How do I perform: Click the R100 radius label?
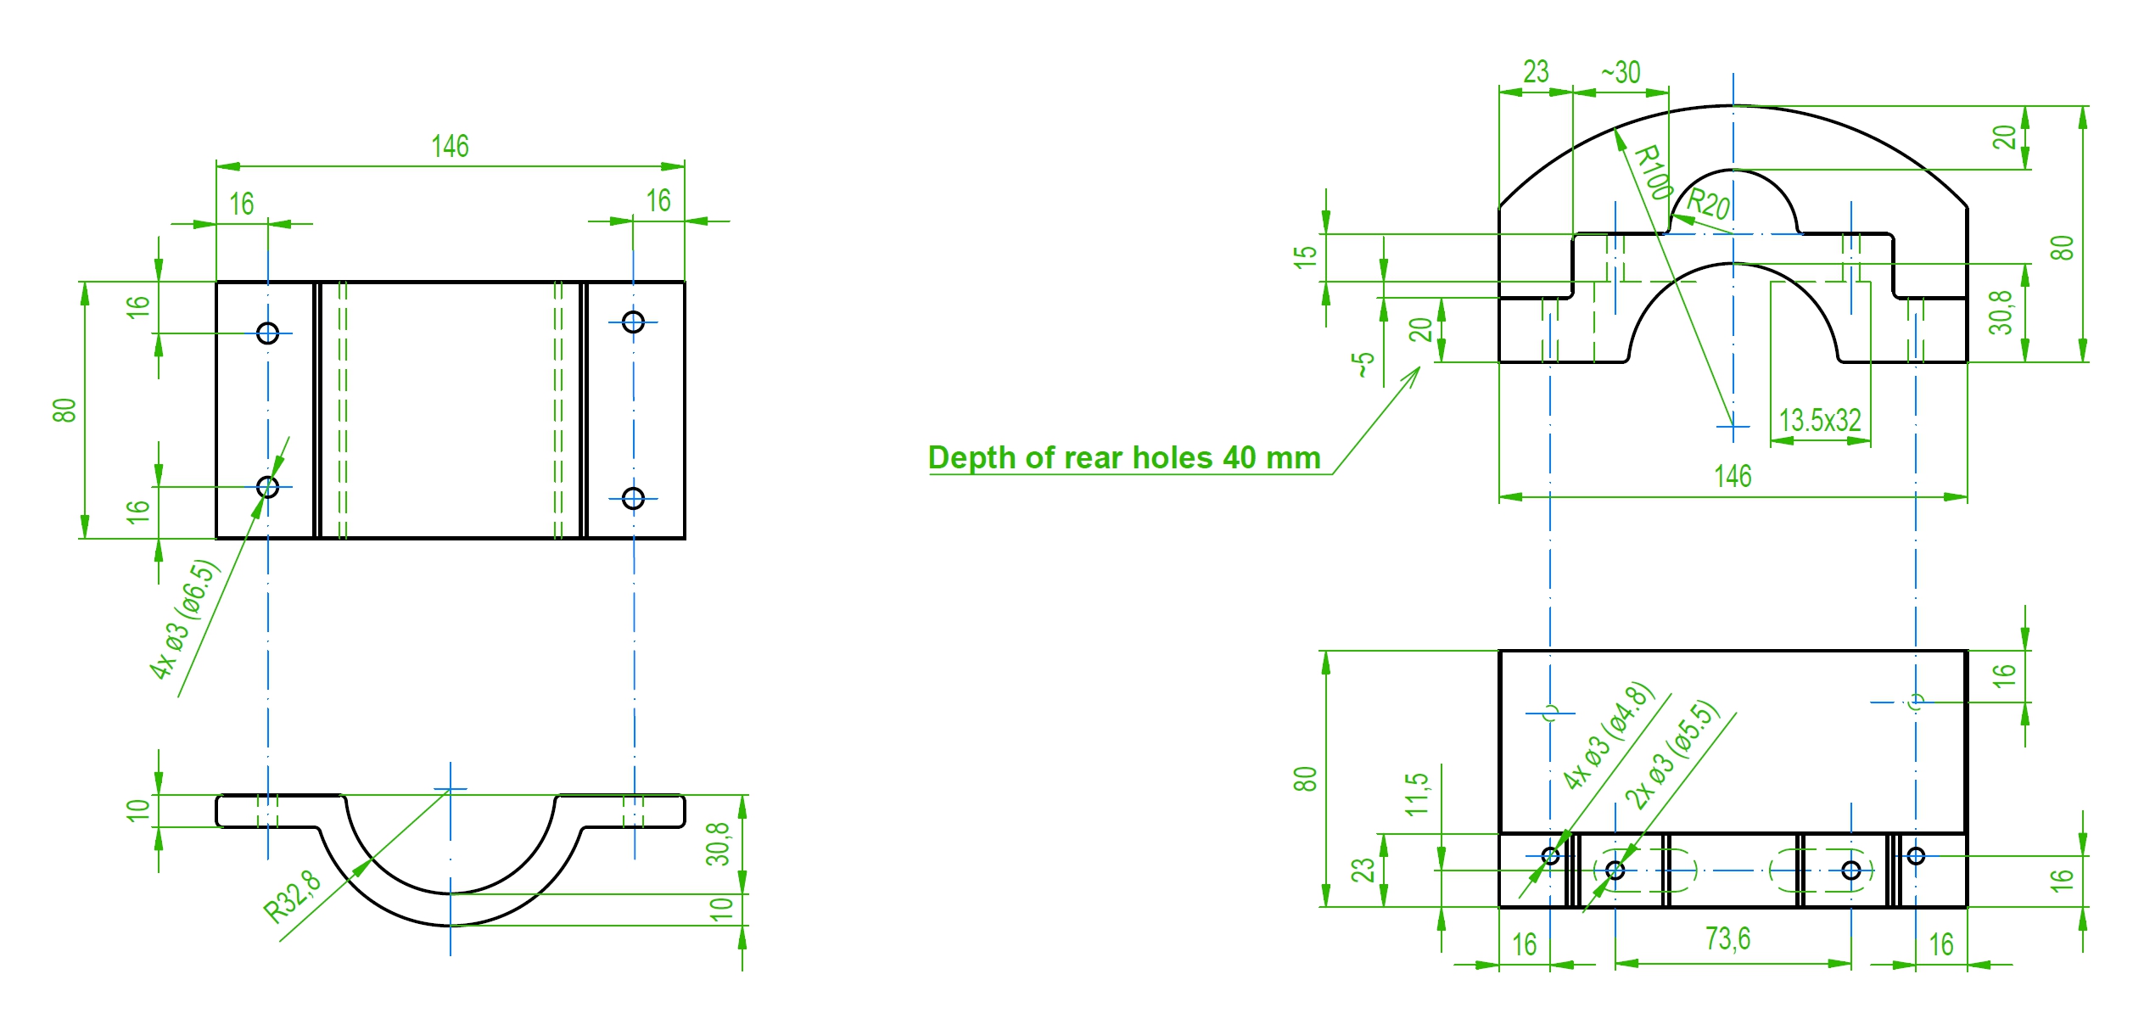tap(1653, 172)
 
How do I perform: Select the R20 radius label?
tap(1708, 204)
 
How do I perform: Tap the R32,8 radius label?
tap(293, 896)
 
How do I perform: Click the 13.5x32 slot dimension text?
tap(1820, 421)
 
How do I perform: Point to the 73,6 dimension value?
tap(1728, 939)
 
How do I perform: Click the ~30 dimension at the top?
tap(1621, 72)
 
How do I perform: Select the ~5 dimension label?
tap(1362, 365)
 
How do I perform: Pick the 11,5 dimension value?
tap(1417, 794)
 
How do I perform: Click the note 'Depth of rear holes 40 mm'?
tap(1124, 458)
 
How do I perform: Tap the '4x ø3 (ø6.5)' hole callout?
tap(185, 619)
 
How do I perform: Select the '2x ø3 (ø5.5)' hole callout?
tap(1671, 754)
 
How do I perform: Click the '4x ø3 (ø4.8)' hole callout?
tap(1609, 736)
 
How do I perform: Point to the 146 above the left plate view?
tap(450, 147)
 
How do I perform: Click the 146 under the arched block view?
tap(1733, 477)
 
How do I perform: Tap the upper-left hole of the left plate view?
tap(267, 333)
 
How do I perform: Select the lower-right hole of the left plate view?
tap(633, 498)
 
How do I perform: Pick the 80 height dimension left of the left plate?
tap(64, 410)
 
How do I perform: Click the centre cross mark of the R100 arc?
tap(1733, 427)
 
